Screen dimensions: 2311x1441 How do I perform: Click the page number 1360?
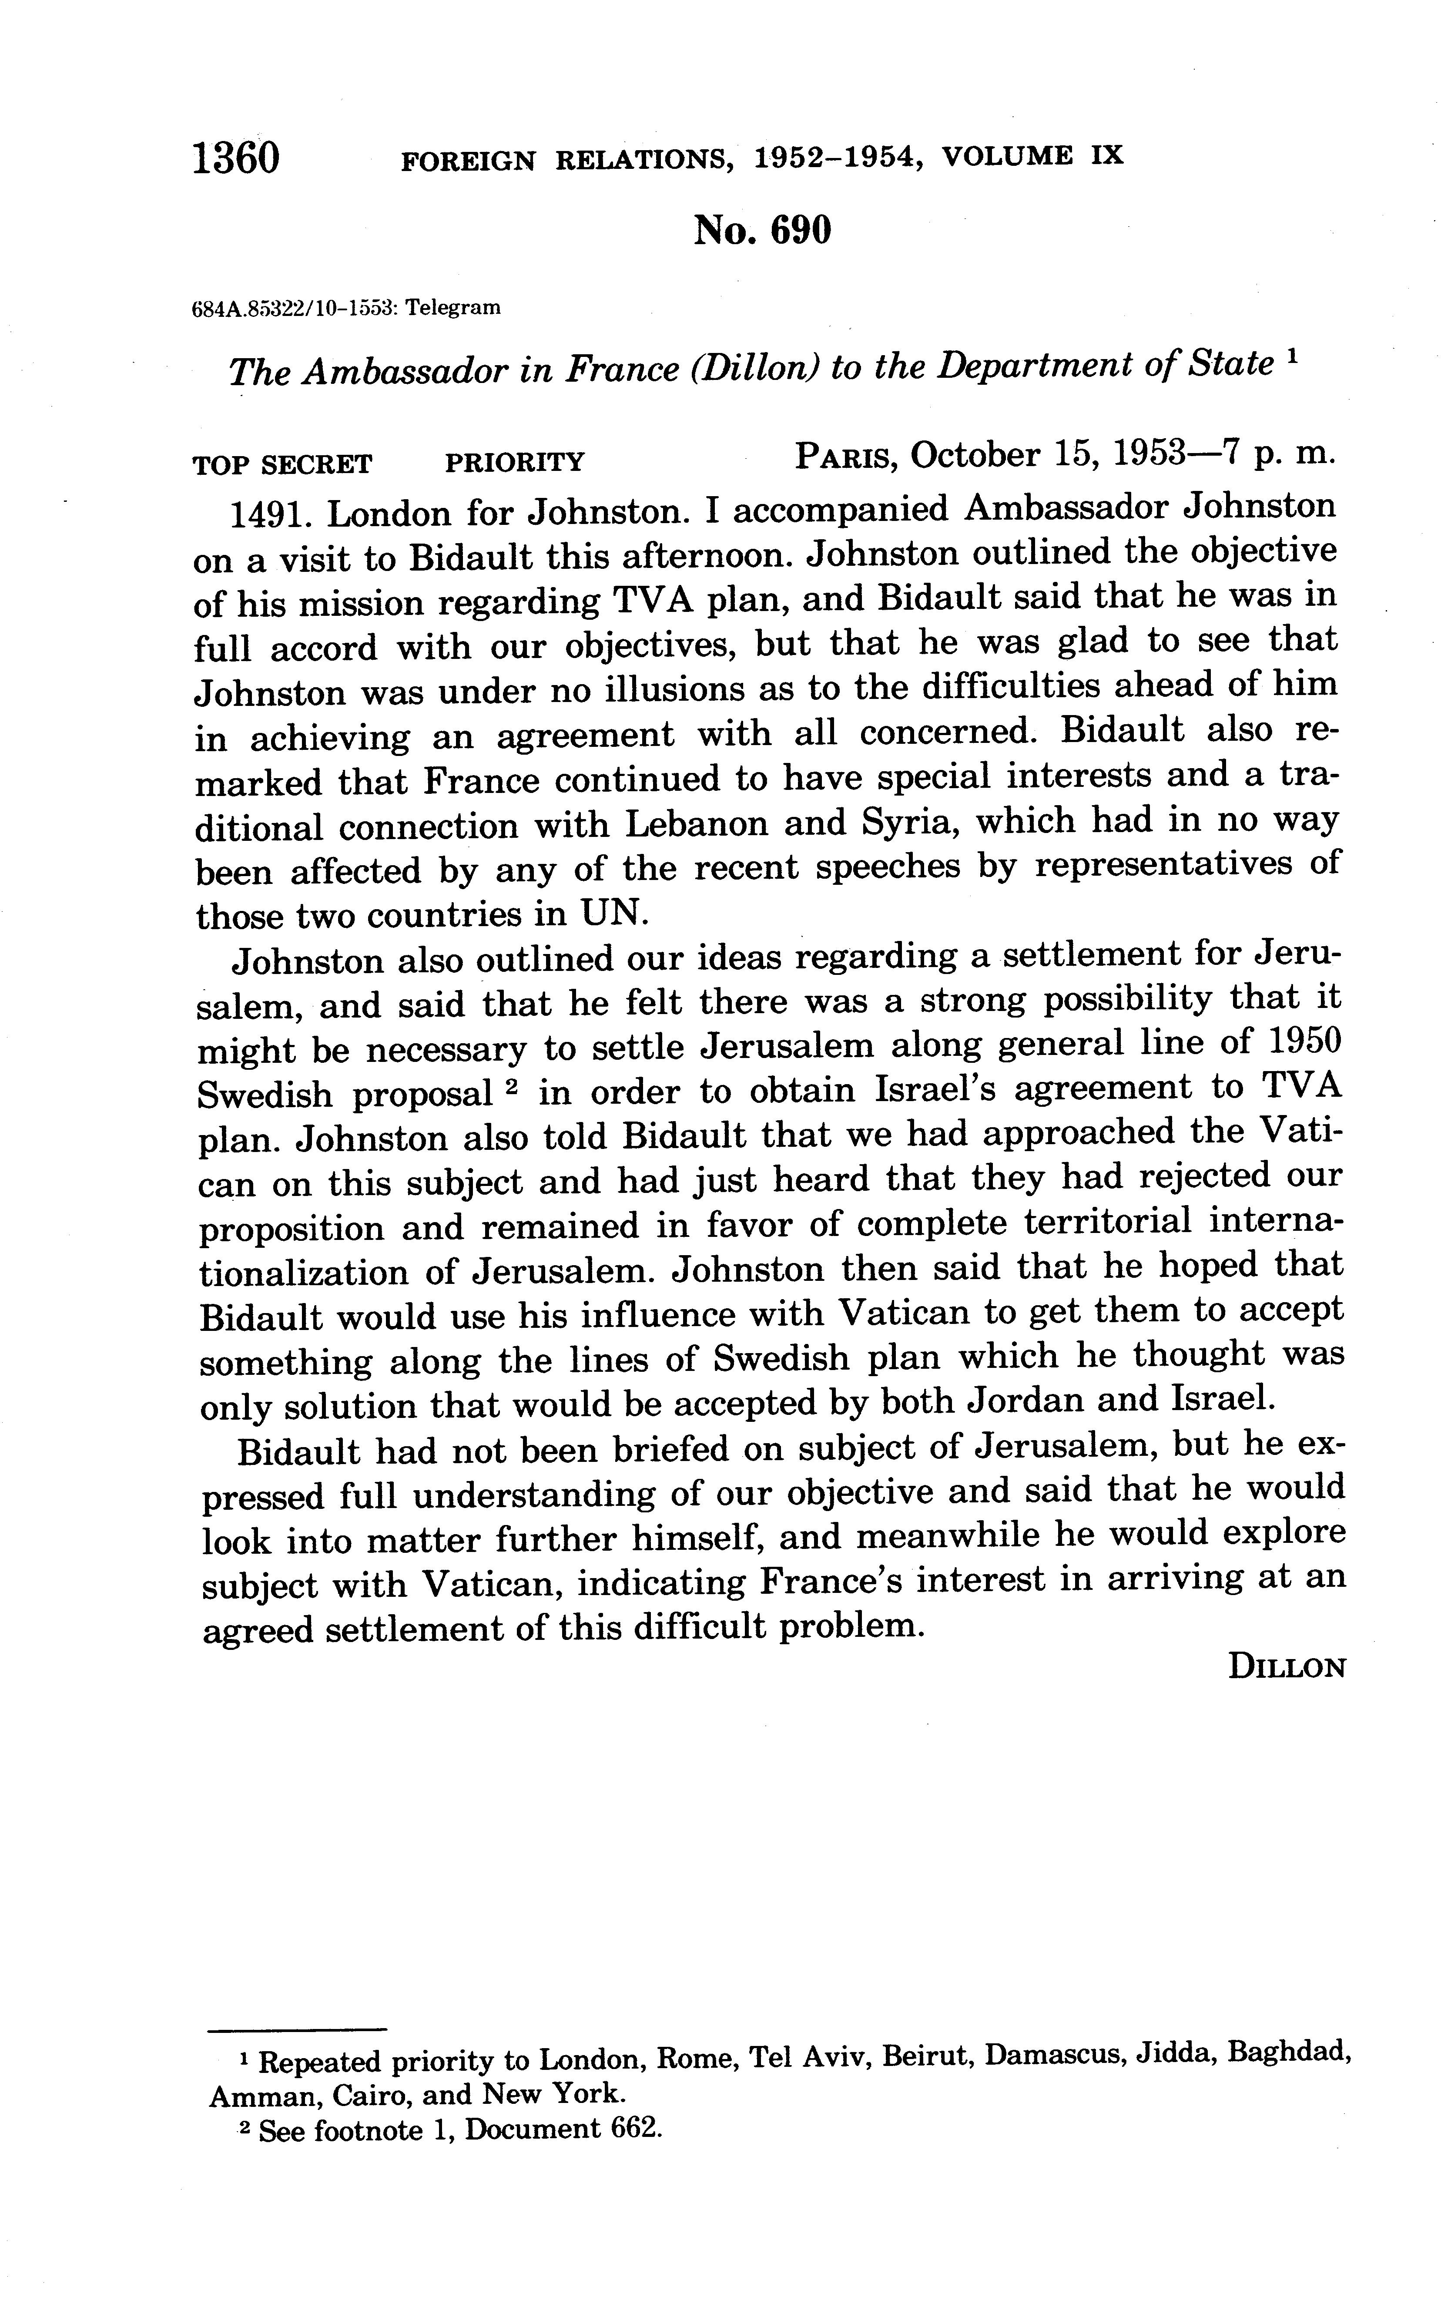[236, 157]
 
